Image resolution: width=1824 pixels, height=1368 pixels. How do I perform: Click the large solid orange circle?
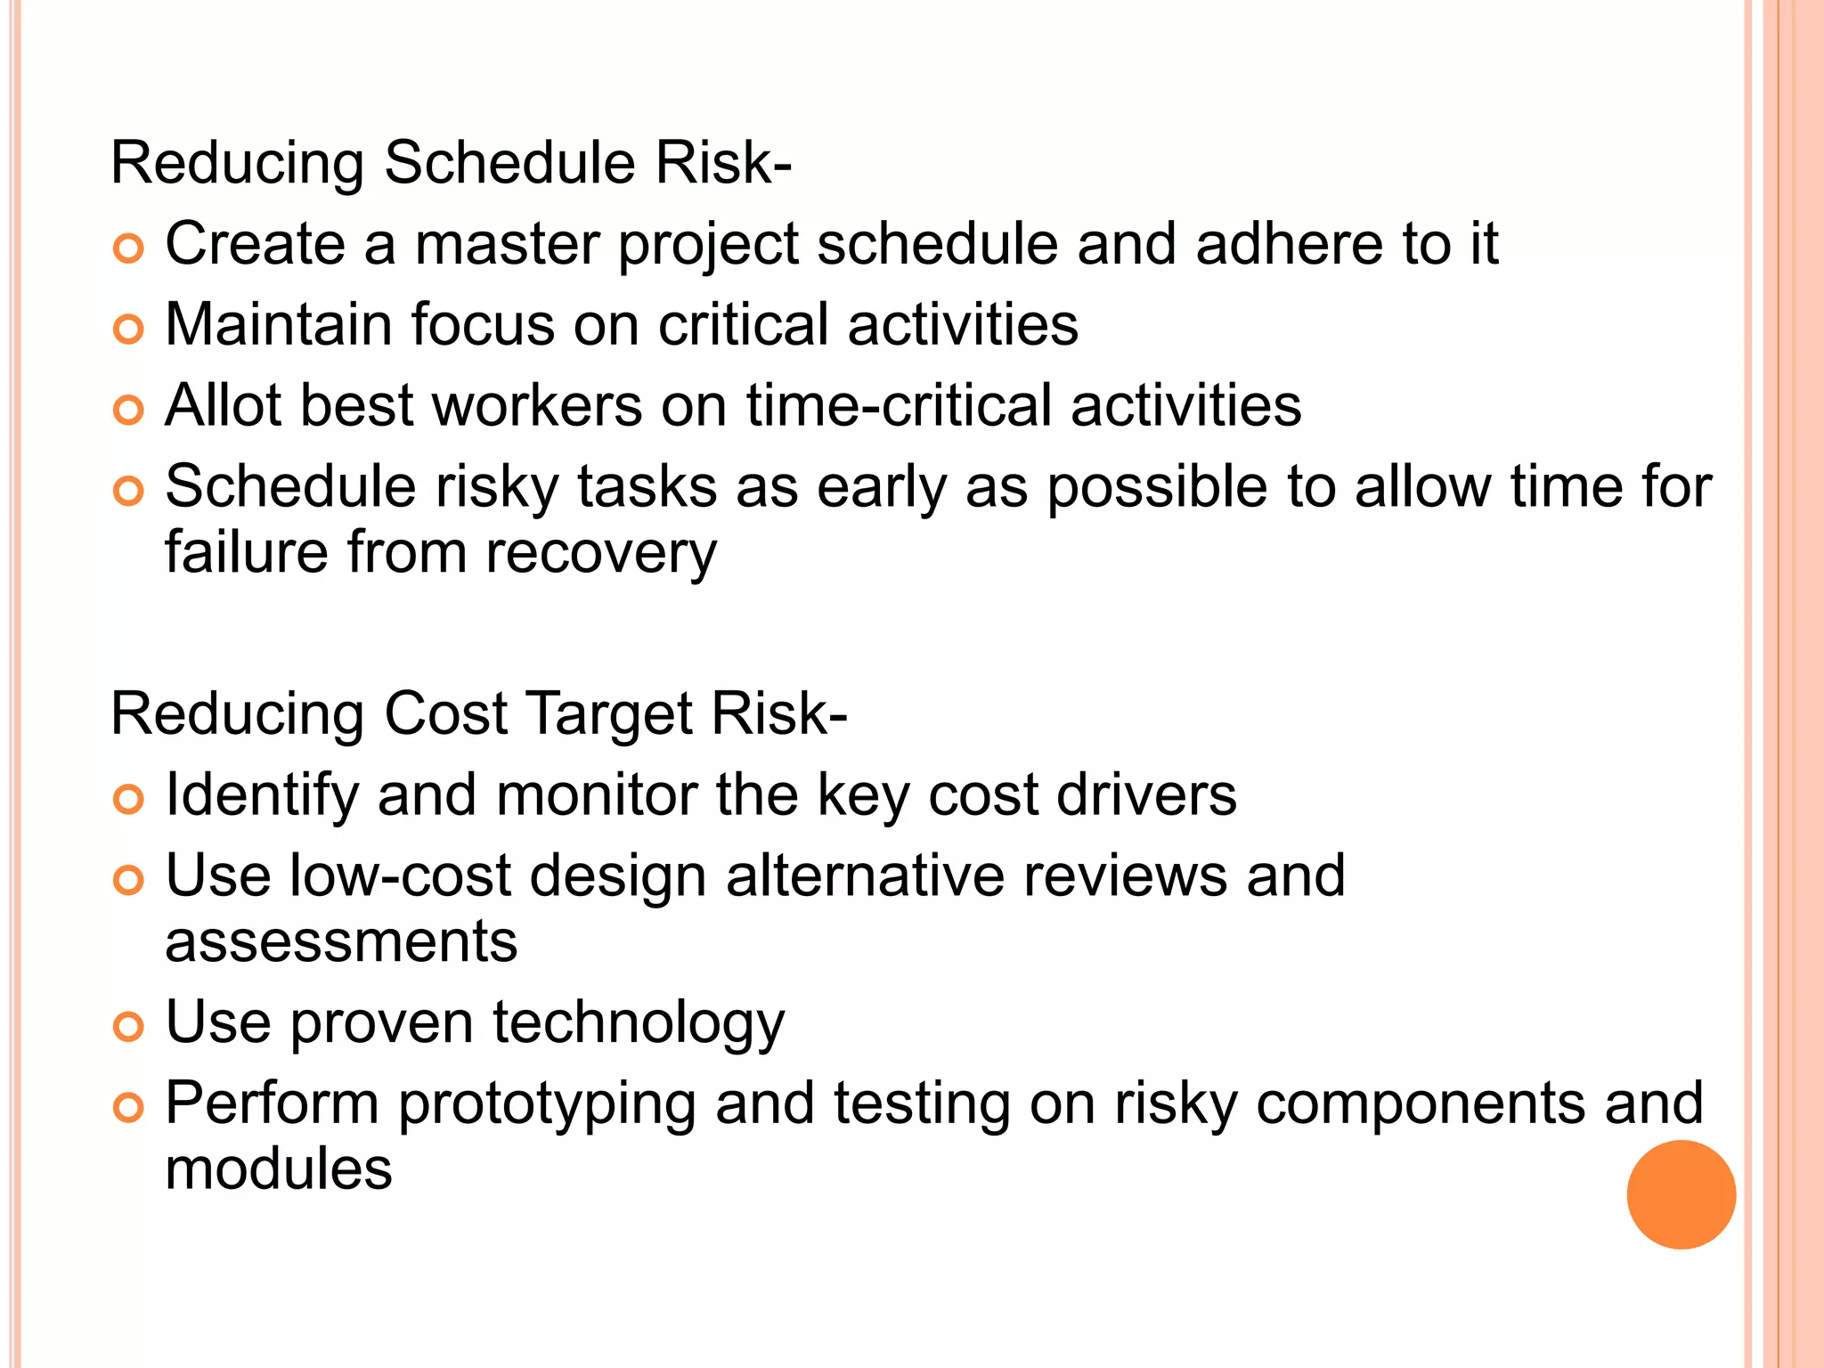point(1681,1194)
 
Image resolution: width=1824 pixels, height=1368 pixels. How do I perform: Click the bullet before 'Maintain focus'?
point(129,330)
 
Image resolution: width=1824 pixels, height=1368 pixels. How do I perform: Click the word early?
point(882,489)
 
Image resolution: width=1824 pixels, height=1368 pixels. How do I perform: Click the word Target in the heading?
point(608,714)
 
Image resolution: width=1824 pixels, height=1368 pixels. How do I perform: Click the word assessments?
point(341,942)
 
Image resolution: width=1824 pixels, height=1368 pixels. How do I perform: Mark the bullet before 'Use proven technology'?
point(129,1028)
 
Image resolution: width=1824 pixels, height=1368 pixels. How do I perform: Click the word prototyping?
point(546,1104)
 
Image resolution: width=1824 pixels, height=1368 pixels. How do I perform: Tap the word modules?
point(279,1169)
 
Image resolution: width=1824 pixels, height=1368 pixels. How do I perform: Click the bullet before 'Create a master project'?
point(129,248)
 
